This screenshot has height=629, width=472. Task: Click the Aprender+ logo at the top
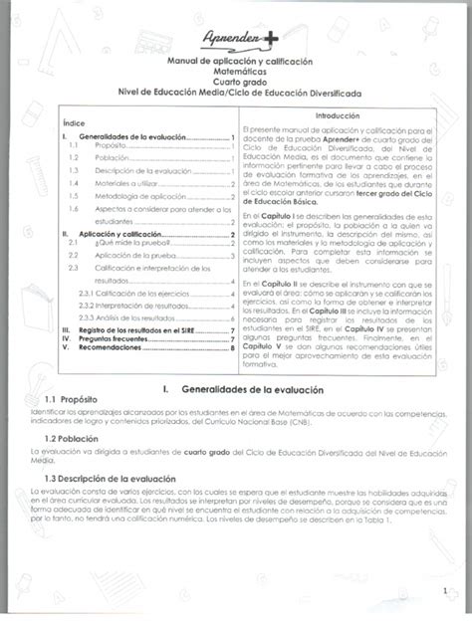click(x=235, y=39)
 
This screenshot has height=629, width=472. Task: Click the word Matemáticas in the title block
click(x=236, y=72)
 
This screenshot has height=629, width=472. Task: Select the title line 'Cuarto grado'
click(x=236, y=82)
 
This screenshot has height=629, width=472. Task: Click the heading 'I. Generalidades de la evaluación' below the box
click(x=235, y=382)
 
